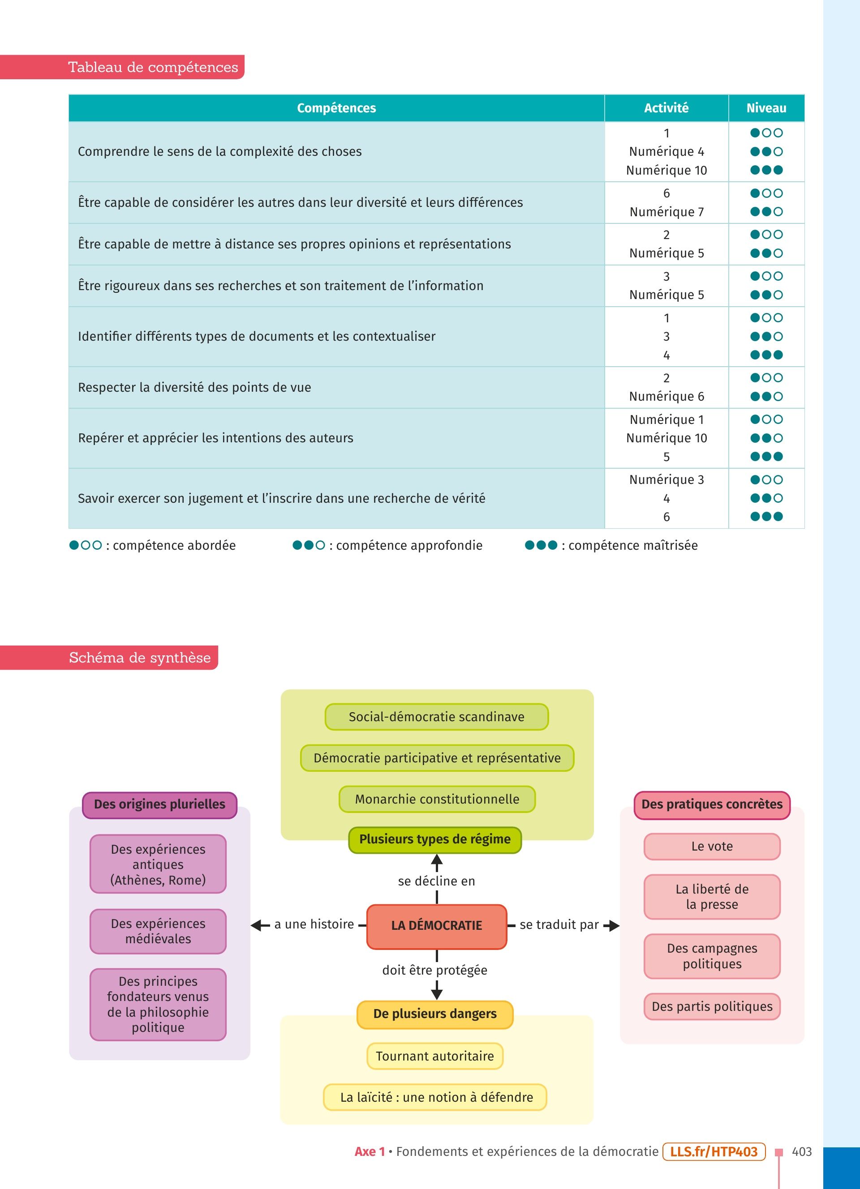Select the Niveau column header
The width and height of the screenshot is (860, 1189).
[x=766, y=108]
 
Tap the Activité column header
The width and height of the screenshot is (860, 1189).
[x=666, y=108]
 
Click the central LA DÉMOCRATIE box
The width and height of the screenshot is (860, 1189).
[x=437, y=925]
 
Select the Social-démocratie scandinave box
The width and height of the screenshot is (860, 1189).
[x=437, y=717]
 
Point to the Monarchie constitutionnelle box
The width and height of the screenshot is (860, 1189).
[x=437, y=799]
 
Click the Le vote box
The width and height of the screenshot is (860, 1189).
[x=712, y=846]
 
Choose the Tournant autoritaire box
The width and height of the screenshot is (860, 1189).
[x=435, y=1056]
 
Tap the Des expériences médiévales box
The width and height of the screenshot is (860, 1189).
[x=158, y=931]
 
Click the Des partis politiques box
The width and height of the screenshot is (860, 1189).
[x=712, y=1006]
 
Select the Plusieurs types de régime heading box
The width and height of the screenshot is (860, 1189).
[x=435, y=839]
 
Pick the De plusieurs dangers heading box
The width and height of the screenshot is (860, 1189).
[x=435, y=1014]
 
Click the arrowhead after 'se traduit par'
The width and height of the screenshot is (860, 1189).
[x=613, y=926]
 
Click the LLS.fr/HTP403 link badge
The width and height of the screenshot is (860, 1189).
[x=714, y=1151]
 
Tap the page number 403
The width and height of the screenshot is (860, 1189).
[x=802, y=1152]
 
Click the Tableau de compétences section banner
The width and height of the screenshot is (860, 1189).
[x=122, y=67]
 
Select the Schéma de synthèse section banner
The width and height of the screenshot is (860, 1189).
[x=109, y=658]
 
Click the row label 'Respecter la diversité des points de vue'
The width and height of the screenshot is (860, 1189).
[x=194, y=387]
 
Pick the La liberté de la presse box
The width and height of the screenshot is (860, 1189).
[x=712, y=897]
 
